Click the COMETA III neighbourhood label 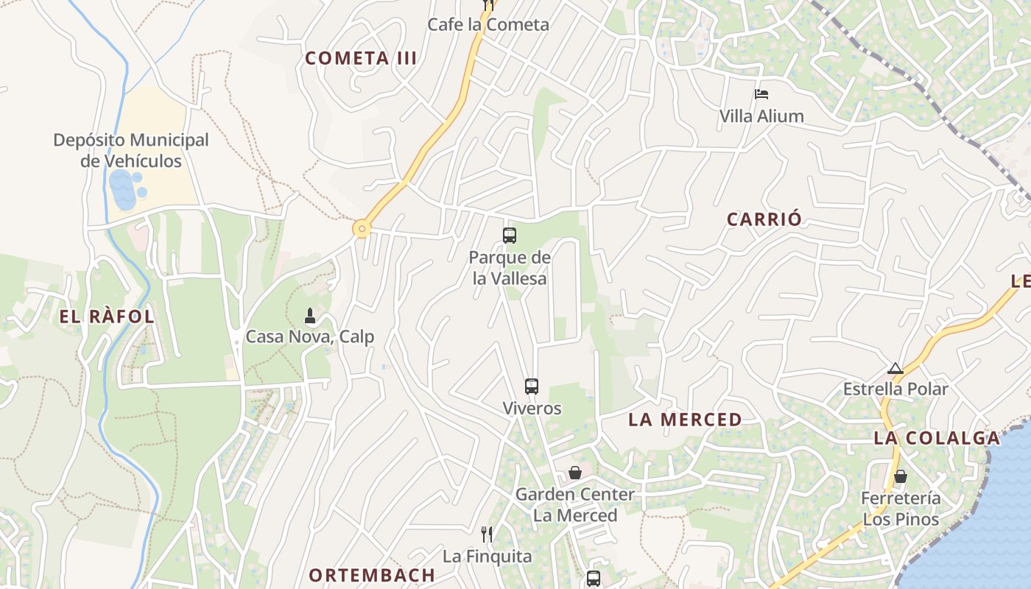(x=361, y=58)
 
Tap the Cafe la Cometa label (x=488, y=24)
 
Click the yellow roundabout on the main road (x=361, y=229)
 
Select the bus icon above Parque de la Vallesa (x=509, y=236)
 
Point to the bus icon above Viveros (x=531, y=386)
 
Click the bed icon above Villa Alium (x=761, y=94)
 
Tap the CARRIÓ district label (x=764, y=219)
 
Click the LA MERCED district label (x=685, y=420)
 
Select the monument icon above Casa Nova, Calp (x=310, y=316)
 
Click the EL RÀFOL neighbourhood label (x=107, y=317)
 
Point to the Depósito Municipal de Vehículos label (x=131, y=150)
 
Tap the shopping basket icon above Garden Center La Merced (x=574, y=473)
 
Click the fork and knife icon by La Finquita (x=486, y=534)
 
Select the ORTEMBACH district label (x=371, y=575)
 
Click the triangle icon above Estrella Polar (x=895, y=368)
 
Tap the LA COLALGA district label (x=937, y=438)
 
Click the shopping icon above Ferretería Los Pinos (x=900, y=476)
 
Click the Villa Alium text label (x=761, y=116)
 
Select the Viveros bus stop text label (x=532, y=408)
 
